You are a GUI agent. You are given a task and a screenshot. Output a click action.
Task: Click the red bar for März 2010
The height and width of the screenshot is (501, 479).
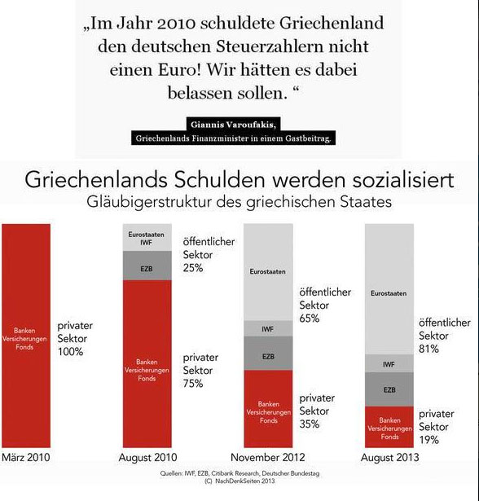(x=27, y=334)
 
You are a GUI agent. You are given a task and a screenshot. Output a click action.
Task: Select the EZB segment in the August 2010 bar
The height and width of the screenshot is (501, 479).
(x=147, y=267)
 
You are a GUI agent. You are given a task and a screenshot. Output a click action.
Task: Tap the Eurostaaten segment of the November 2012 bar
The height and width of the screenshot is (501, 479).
(x=268, y=271)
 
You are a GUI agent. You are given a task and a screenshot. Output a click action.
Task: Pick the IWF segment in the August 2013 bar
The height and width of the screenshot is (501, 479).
(x=389, y=364)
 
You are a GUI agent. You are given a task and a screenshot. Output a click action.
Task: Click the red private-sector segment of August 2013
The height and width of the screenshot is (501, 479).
(x=389, y=426)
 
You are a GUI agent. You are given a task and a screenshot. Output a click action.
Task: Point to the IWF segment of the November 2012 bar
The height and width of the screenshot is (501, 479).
(x=268, y=329)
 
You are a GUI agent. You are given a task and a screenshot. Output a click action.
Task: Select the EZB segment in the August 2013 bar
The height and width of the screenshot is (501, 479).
(x=389, y=389)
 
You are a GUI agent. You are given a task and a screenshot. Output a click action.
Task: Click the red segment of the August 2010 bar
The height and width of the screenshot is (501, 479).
(x=147, y=363)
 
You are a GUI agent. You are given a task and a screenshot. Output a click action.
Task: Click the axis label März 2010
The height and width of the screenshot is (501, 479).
(x=26, y=458)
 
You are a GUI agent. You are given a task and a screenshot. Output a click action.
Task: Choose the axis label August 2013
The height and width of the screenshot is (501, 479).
(x=389, y=458)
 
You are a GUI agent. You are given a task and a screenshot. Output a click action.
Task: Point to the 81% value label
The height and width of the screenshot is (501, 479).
(x=429, y=349)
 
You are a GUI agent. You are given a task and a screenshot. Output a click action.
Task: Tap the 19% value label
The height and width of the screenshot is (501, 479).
(x=429, y=440)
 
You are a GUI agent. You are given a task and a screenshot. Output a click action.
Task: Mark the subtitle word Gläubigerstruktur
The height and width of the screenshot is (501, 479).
(x=163, y=201)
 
